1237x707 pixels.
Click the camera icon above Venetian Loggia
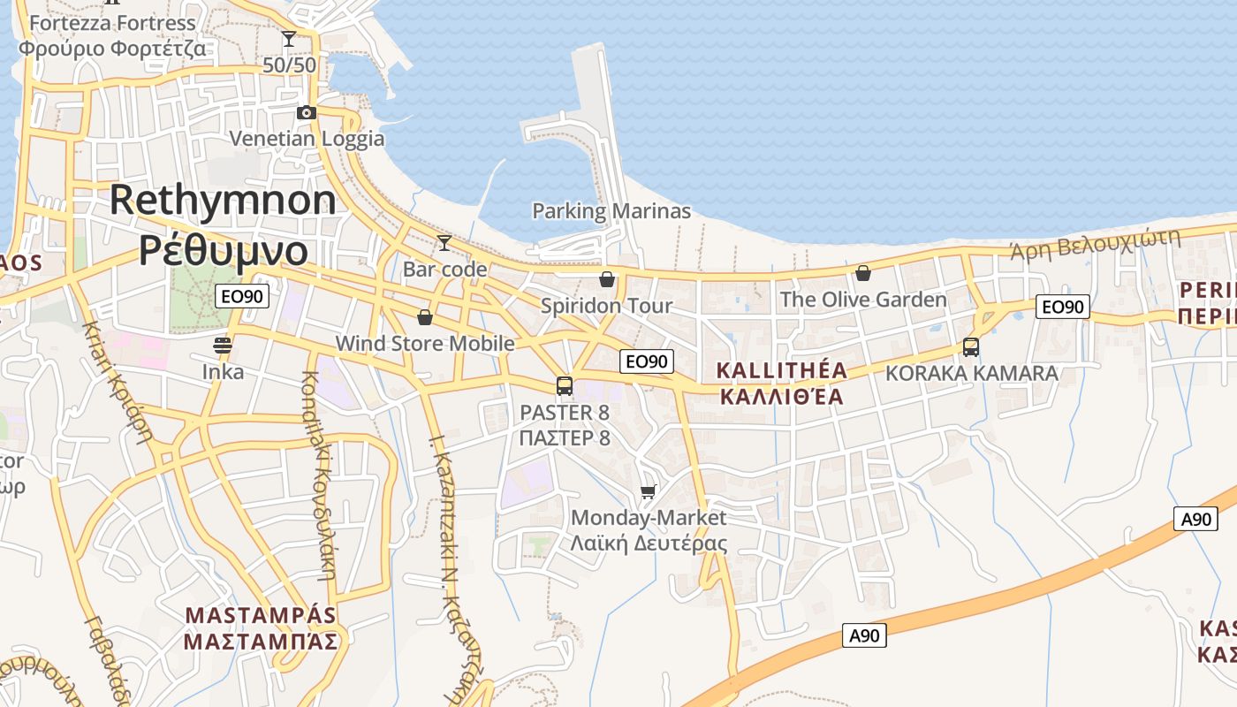pos(307,112)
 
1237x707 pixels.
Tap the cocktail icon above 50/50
pos(289,39)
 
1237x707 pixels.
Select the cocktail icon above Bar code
pos(444,243)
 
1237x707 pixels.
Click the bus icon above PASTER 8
pos(565,386)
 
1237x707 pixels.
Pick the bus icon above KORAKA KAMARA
pos(971,347)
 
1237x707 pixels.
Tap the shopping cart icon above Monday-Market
pos(649,491)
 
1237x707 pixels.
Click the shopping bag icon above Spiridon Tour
pos(607,280)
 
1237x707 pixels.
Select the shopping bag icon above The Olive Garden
pos(863,273)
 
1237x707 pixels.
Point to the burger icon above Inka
pos(222,345)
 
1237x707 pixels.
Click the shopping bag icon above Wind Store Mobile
pos(425,317)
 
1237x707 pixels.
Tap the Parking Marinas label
pos(611,211)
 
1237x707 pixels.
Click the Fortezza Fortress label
pos(112,23)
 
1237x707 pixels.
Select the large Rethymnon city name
pos(223,201)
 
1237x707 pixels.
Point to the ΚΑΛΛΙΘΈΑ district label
pos(782,396)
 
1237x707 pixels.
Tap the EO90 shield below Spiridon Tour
pos(647,361)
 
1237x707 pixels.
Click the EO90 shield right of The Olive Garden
pos(1062,307)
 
